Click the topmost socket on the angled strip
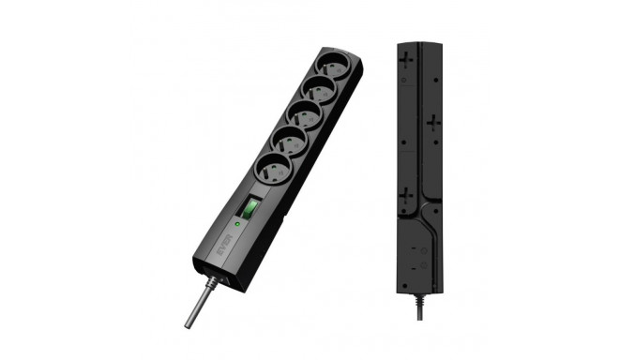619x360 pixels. coord(333,67)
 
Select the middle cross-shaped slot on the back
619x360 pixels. coord(432,122)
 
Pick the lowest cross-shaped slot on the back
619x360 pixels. coord(405,196)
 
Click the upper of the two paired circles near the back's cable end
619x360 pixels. coord(425,251)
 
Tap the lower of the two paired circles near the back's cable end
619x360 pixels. coord(425,266)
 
